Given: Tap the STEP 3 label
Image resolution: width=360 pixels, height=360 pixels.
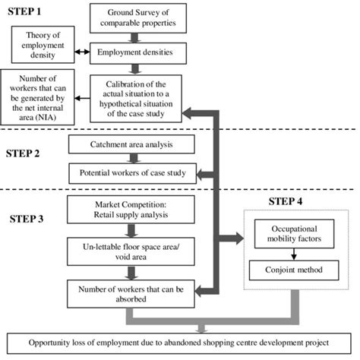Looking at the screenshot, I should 27,219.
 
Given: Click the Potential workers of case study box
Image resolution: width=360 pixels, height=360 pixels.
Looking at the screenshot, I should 133,173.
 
